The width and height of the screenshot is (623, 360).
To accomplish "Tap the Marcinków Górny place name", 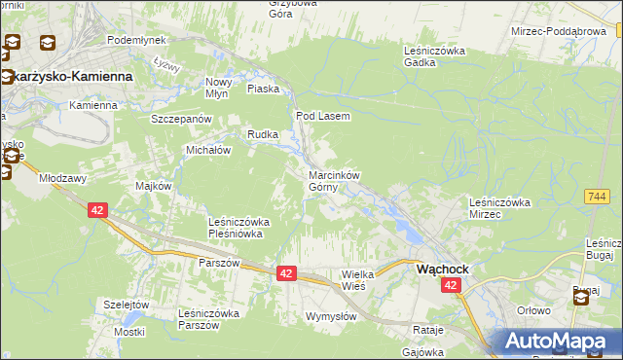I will click(334, 181).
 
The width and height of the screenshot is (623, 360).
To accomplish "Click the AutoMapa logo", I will click(561, 341).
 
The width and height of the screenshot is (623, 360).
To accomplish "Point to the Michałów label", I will click(207, 151).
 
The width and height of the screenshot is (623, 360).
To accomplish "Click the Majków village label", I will click(154, 186).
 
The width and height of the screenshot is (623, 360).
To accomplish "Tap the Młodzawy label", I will click(62, 179).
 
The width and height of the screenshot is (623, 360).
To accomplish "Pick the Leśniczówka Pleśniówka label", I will click(238, 228).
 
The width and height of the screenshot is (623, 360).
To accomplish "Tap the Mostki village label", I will click(128, 332).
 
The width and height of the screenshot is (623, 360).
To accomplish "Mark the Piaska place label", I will click(263, 89).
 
